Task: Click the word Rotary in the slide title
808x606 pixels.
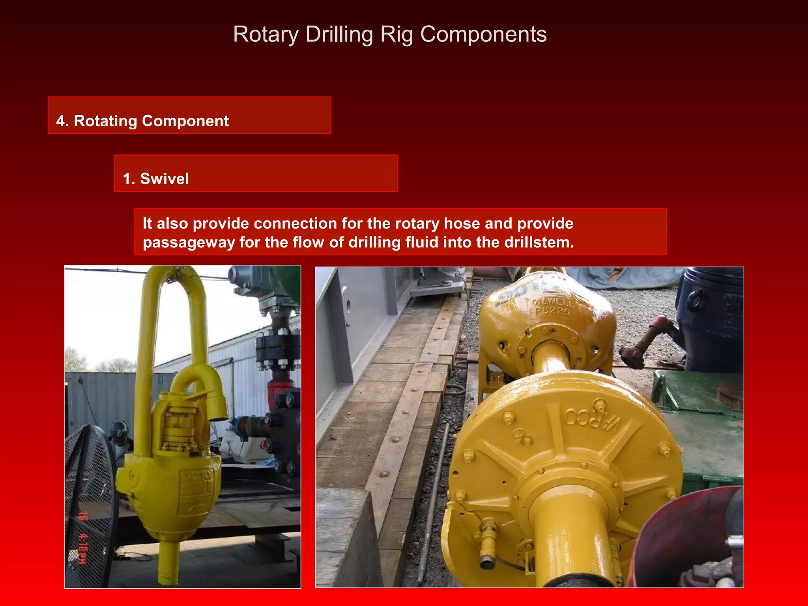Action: pos(266,35)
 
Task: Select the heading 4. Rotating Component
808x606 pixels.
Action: pos(142,121)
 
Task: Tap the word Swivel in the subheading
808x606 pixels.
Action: pos(165,179)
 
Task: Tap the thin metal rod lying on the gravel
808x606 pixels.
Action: pos(434,501)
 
